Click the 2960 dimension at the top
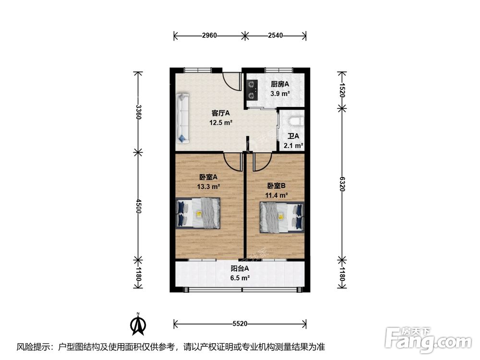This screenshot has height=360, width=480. pyautogui.click(x=209, y=36)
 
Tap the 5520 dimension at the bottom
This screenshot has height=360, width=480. pyautogui.click(x=240, y=324)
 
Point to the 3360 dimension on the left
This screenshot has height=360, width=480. pyautogui.click(x=139, y=113)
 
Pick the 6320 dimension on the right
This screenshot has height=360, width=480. pyautogui.click(x=342, y=183)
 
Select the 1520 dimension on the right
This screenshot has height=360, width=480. pyautogui.click(x=342, y=90)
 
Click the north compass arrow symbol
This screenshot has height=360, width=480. pyautogui.click(x=138, y=324)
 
